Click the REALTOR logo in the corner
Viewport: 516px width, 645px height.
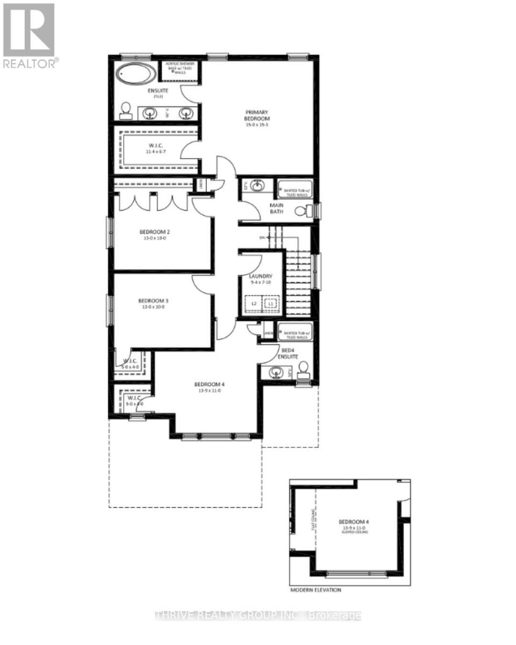click(x=29, y=35)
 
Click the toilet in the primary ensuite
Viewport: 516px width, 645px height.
click(x=126, y=111)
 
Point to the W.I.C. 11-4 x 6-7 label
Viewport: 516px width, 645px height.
click(x=153, y=148)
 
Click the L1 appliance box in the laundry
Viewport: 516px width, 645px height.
click(x=271, y=304)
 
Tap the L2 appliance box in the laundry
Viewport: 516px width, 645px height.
click(x=254, y=304)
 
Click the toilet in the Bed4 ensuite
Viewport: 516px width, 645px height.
click(x=303, y=369)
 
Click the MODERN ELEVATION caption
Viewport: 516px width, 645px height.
click(x=316, y=590)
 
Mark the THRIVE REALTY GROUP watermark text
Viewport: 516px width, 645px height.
click(x=258, y=615)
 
